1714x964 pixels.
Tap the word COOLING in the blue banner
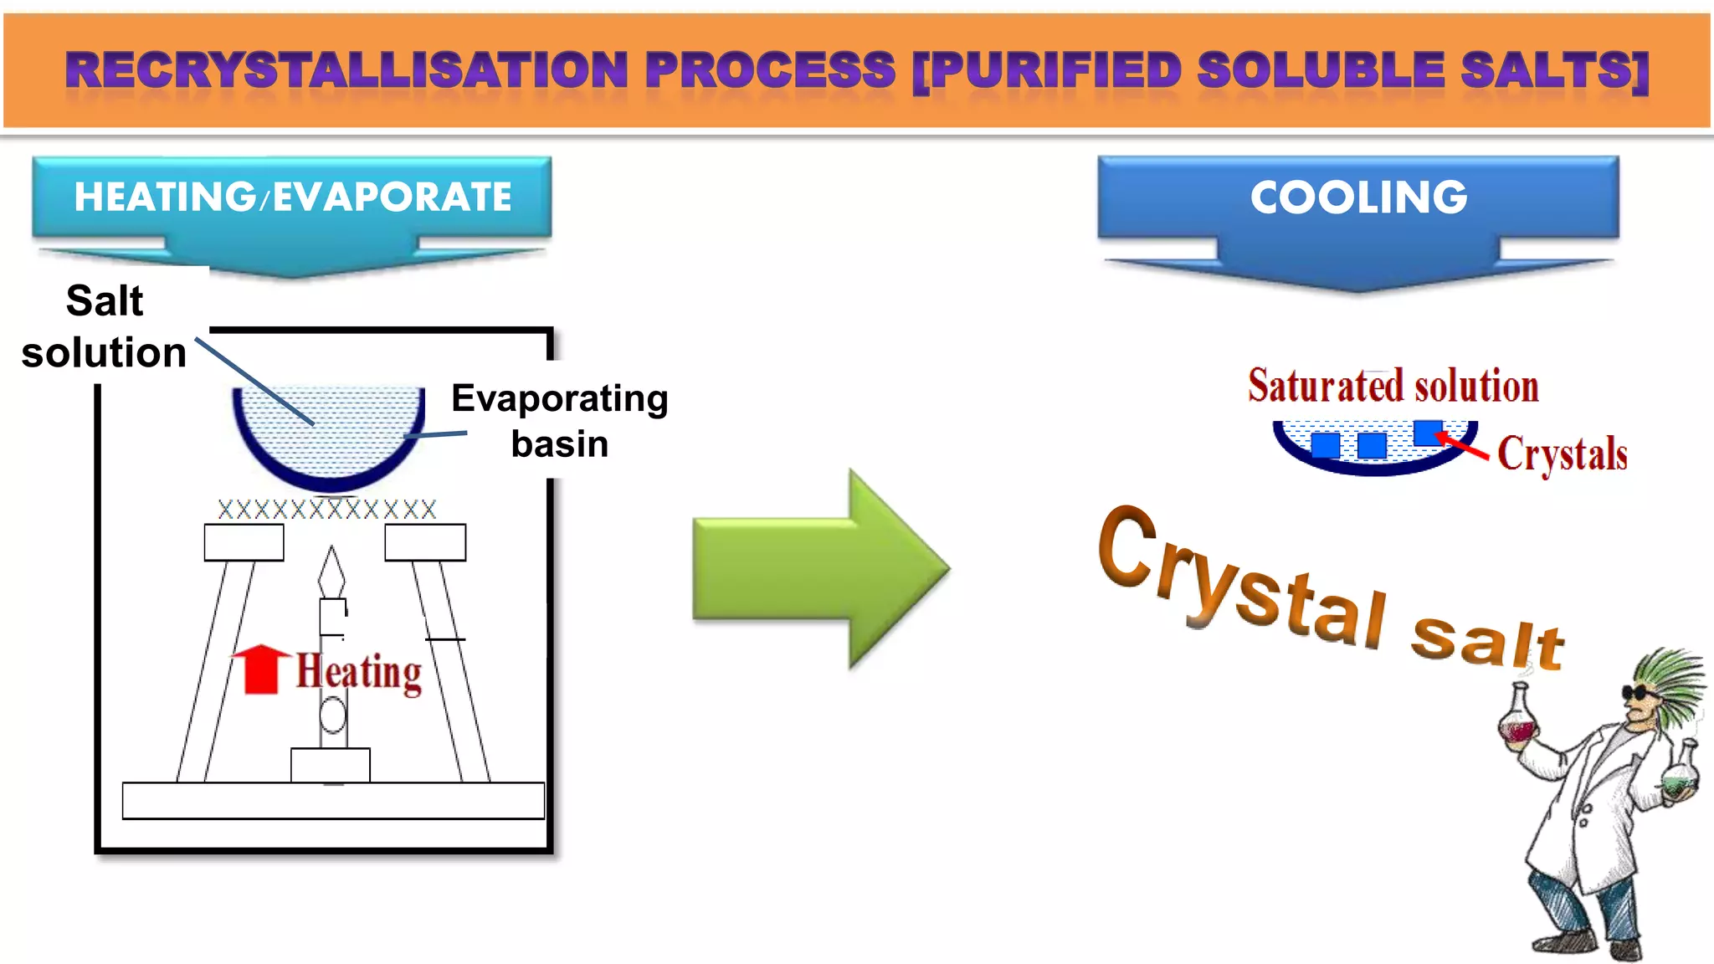pyautogui.click(x=1358, y=197)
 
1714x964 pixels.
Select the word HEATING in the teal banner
pyautogui.click(x=164, y=197)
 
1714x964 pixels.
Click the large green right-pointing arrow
pyautogui.click(x=820, y=569)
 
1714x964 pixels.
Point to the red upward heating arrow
pyautogui.click(x=260, y=669)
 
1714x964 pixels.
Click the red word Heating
pyautogui.click(x=359, y=672)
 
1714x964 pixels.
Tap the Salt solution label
pyautogui.click(x=104, y=326)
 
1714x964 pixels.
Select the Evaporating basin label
pyautogui.click(x=559, y=420)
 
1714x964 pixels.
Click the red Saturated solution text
pyautogui.click(x=1393, y=386)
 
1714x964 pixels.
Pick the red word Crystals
pyautogui.click(x=1562, y=454)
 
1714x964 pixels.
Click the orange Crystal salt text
pyautogui.click(x=1331, y=590)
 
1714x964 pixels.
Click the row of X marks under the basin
pyautogui.click(x=327, y=509)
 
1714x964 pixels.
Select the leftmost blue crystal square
pyautogui.click(x=1325, y=445)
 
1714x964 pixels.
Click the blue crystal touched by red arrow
pyautogui.click(x=1427, y=433)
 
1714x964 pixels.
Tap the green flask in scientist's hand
pyautogui.click(x=1679, y=778)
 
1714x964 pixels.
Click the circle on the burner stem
pyautogui.click(x=333, y=715)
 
